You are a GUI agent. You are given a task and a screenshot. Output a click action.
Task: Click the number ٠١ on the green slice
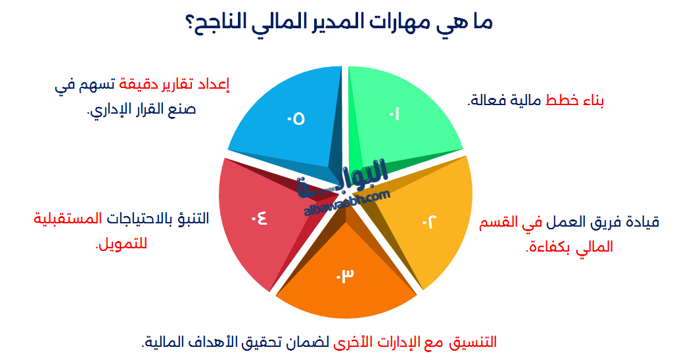click(394, 114)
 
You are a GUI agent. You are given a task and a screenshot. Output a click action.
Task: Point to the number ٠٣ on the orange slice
click(345, 275)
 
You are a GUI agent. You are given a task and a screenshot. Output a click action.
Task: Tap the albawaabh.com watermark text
click(348, 201)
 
